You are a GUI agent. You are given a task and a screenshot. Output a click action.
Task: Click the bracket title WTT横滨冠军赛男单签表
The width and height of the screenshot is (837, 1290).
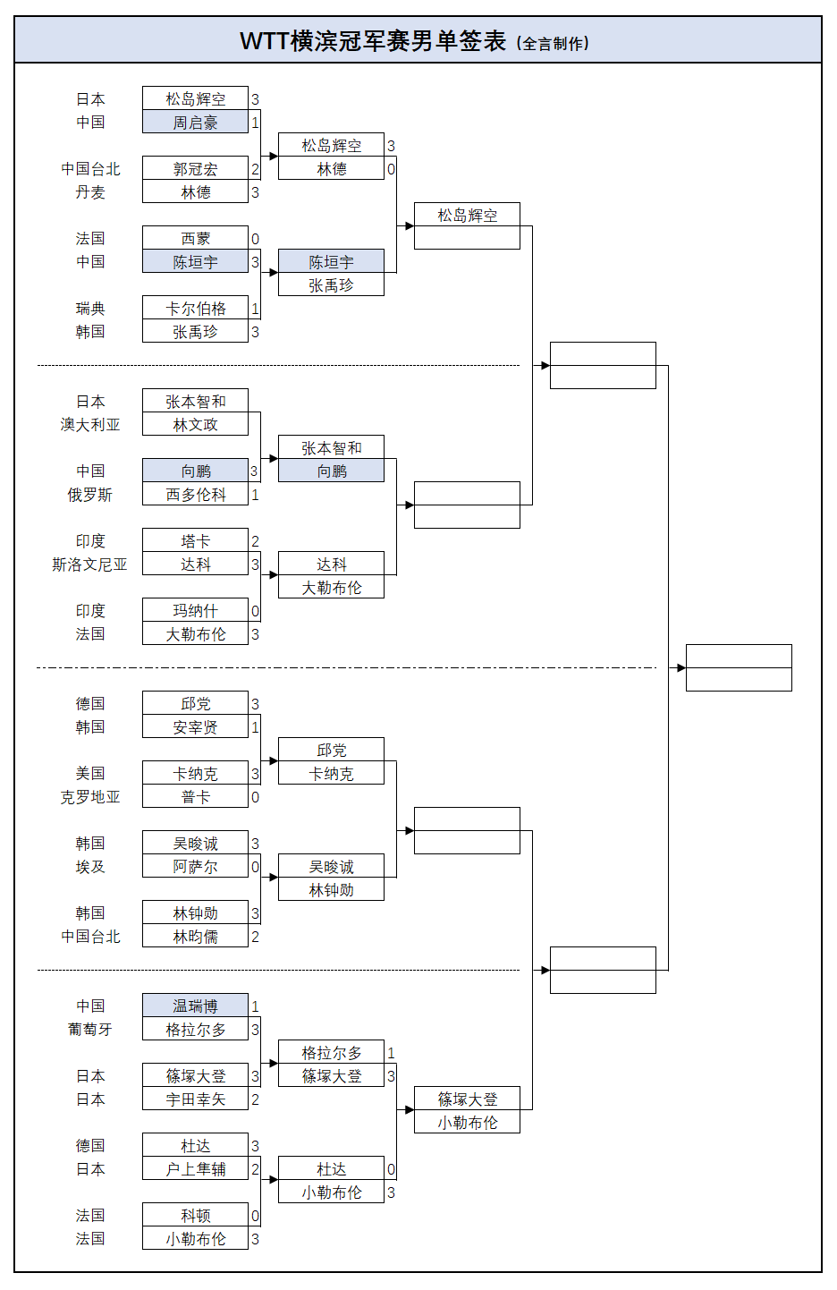tap(373, 41)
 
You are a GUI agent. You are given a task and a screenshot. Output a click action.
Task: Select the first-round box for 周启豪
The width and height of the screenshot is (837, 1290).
tap(195, 122)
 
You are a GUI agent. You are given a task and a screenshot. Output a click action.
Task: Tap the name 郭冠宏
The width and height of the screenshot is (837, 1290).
tap(195, 169)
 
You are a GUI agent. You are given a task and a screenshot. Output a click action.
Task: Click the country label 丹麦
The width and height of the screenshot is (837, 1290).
tap(90, 191)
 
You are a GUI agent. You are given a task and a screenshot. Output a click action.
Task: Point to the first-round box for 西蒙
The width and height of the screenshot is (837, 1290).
tap(195, 238)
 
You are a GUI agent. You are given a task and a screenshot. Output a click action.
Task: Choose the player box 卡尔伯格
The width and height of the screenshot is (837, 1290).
tap(195, 308)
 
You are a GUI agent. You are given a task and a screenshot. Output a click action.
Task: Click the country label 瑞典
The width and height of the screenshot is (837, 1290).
tap(90, 308)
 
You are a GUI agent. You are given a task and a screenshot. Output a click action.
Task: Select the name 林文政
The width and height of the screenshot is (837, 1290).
tap(195, 424)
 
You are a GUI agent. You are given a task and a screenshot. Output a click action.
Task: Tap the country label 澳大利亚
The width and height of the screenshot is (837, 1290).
tap(90, 424)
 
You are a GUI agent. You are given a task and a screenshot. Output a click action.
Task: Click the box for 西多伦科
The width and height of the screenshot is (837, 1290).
tap(195, 494)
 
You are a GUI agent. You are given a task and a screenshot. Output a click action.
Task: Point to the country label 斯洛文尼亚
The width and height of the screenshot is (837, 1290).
tap(90, 564)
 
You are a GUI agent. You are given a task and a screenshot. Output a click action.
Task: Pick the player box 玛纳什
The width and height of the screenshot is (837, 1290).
tap(195, 610)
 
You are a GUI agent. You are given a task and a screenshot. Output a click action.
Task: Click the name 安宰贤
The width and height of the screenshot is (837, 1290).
tap(195, 726)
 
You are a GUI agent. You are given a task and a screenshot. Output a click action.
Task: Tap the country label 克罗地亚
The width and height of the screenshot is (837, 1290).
tap(90, 796)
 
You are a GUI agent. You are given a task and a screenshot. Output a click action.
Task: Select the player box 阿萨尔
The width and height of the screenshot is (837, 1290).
tap(195, 866)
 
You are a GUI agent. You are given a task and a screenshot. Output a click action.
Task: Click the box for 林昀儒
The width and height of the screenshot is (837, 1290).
tap(195, 937)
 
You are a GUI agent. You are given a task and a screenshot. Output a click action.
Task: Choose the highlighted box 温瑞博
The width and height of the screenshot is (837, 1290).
tap(195, 1006)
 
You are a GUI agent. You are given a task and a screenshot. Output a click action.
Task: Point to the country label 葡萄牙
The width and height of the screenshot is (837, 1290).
tap(90, 1029)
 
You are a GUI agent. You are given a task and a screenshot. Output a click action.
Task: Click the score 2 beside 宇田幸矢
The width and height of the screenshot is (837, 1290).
tap(255, 1099)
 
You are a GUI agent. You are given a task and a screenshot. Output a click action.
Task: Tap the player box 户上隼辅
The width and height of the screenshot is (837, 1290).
tap(195, 1169)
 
